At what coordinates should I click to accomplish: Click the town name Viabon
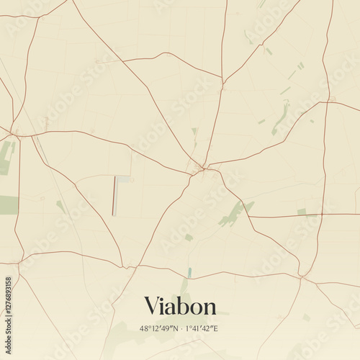click(180, 306)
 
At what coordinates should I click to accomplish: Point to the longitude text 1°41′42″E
click(202, 328)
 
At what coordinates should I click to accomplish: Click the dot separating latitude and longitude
click(181, 328)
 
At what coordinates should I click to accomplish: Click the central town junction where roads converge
click(201, 171)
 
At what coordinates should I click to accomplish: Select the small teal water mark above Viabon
click(189, 272)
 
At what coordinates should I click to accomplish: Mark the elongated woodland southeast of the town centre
click(234, 213)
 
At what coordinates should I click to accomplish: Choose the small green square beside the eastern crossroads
click(302, 212)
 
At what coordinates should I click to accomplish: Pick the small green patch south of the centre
click(189, 237)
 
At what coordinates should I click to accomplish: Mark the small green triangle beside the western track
click(60, 206)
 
